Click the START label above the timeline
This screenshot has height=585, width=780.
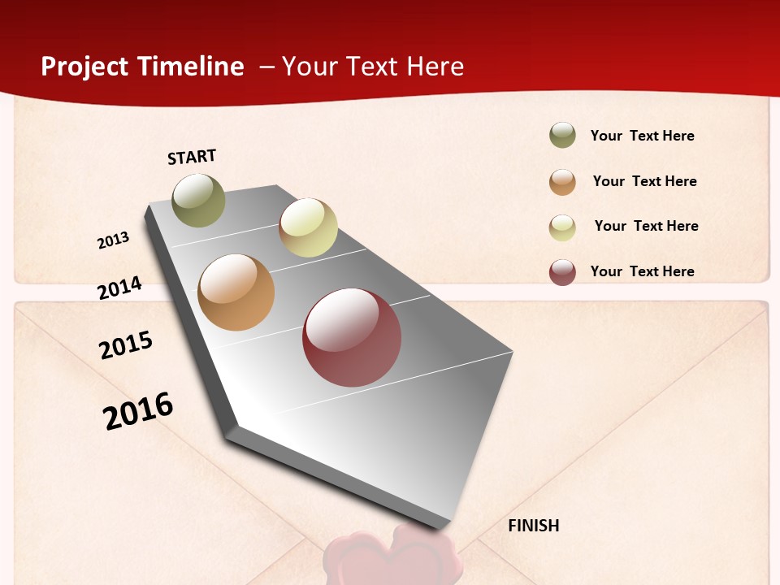pos(192,157)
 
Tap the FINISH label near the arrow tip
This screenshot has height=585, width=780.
pos(533,526)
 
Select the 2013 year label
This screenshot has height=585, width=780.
pos(113,240)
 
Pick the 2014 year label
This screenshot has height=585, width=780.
pos(119,288)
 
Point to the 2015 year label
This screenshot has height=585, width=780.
pos(126,344)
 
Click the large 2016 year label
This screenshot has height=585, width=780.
pos(138,410)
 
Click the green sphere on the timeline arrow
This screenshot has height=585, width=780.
pos(198,200)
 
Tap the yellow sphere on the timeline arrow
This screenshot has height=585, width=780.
pos(308,227)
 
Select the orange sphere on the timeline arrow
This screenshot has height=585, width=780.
pos(236,292)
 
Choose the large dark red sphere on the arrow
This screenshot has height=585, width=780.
pos(352,337)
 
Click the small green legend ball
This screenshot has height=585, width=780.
pos(562,136)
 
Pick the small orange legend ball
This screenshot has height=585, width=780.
pos(562,182)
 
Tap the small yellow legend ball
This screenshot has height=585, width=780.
pos(562,227)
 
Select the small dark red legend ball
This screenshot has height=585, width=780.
pos(562,272)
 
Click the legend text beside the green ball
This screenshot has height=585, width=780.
pos(642,136)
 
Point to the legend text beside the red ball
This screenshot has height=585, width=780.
pos(642,271)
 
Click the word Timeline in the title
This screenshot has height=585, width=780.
pos(191,67)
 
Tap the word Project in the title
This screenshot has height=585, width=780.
pos(84,67)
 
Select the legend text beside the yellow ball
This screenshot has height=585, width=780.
pos(646,226)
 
